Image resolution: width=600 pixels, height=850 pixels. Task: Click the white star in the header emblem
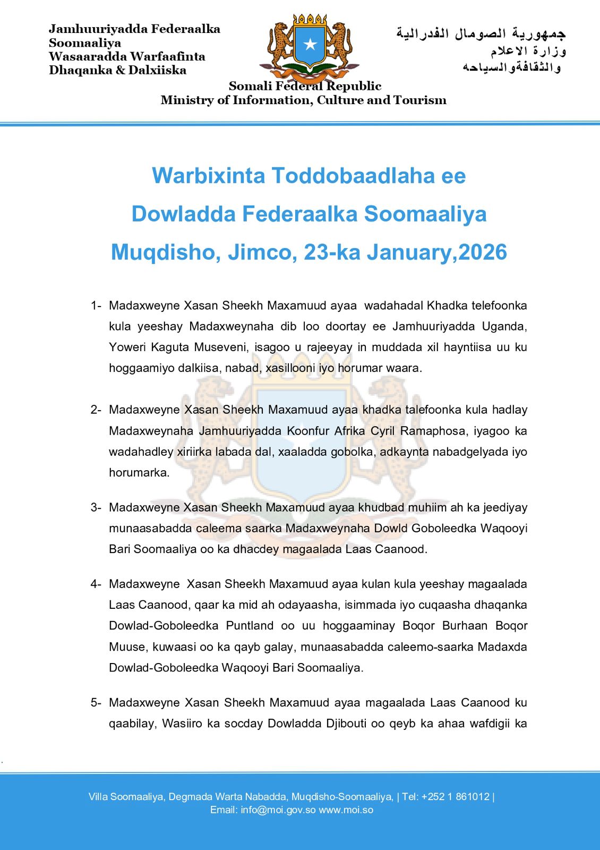point(310,45)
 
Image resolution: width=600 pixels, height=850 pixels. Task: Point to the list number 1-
point(96,305)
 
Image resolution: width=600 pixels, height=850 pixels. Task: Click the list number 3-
point(96,507)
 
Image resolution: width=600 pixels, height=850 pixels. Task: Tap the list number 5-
point(96,703)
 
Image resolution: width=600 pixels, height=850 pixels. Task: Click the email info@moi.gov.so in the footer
point(278,810)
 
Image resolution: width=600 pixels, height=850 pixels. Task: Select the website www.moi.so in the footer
point(346,810)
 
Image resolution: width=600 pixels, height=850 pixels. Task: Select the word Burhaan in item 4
point(465,626)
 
